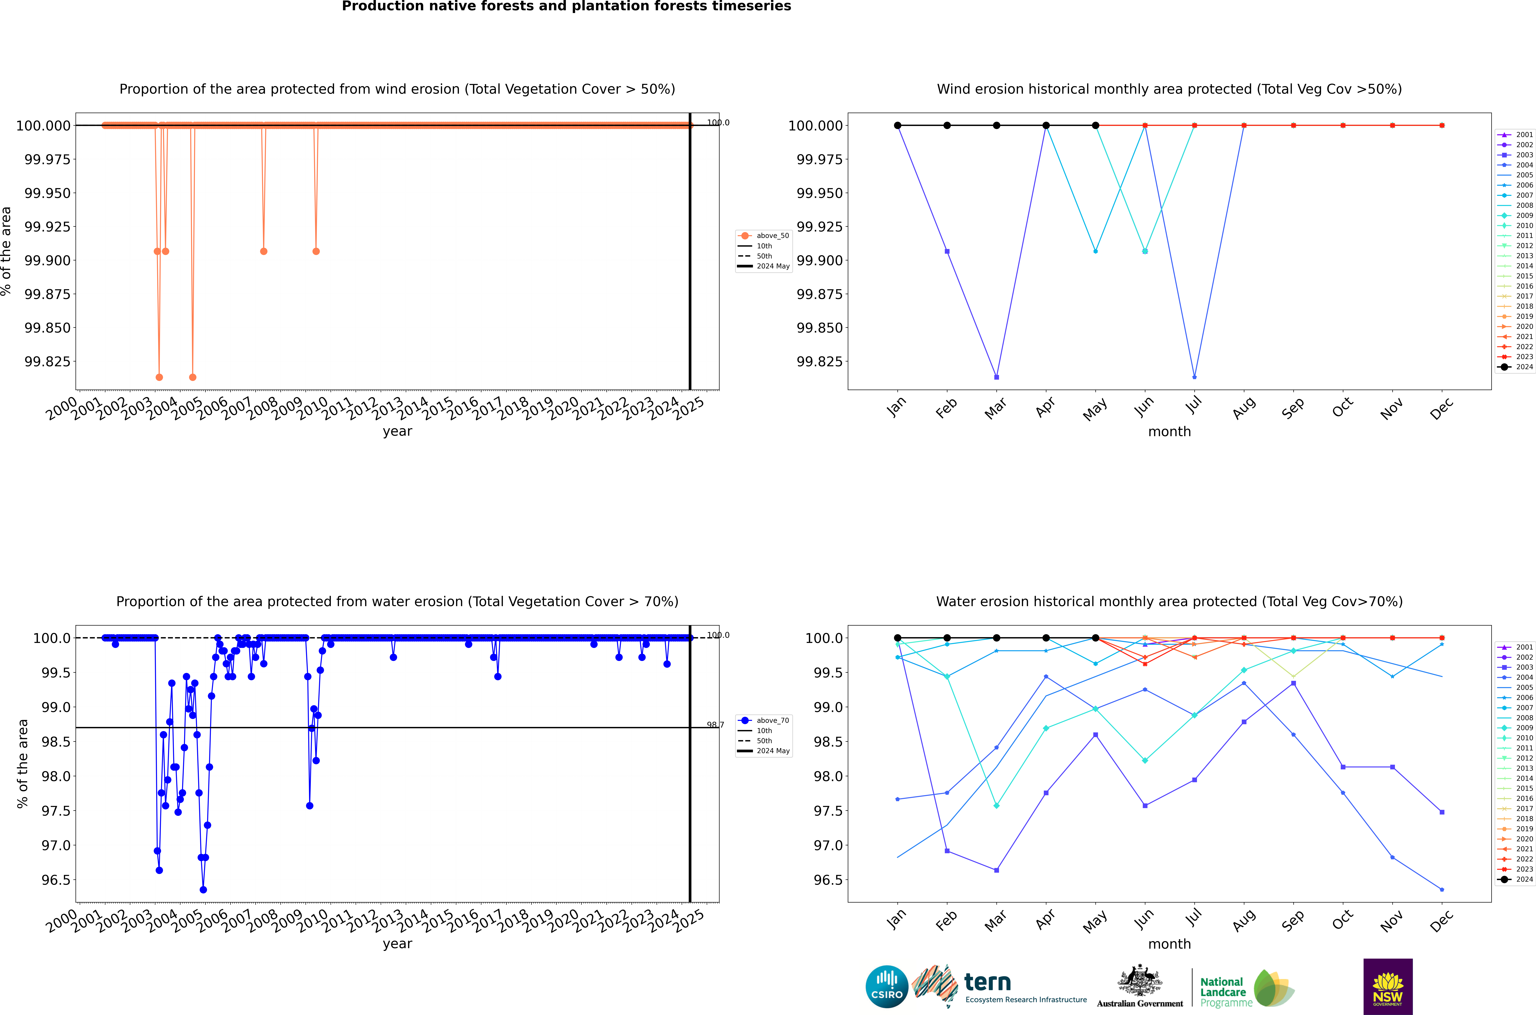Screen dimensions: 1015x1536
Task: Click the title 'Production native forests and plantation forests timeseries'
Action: [x=566, y=6]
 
